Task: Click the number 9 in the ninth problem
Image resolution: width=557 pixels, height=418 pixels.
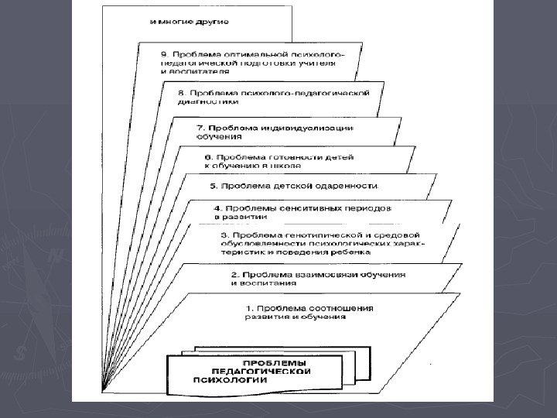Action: pos(163,53)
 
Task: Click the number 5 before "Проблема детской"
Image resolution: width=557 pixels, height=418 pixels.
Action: pos(214,186)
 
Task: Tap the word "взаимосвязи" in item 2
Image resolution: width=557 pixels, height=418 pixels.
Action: pos(316,274)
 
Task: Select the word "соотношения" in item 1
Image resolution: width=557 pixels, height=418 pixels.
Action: pos(344,308)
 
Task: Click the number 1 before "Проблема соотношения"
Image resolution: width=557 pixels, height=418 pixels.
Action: pos(248,308)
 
